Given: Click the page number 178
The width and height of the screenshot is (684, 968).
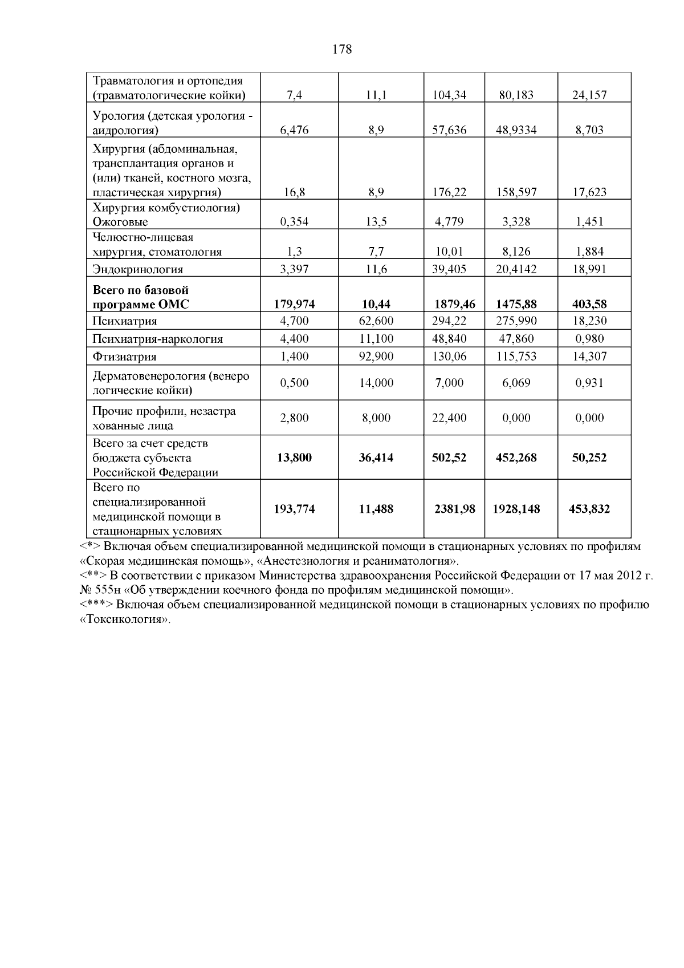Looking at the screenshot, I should tap(342, 50).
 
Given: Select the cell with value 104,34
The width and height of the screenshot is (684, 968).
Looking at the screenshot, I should tap(450, 95).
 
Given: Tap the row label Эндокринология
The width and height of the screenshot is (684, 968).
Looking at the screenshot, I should tap(138, 269).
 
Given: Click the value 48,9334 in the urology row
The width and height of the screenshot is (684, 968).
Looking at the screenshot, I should tap(516, 130).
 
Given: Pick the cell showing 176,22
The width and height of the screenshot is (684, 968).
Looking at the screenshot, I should tap(450, 192).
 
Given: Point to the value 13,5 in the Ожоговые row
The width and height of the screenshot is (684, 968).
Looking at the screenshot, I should tap(376, 222).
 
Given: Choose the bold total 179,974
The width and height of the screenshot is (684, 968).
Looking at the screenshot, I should tap(294, 305).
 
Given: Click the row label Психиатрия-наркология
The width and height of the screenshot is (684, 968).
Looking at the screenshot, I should tap(158, 339).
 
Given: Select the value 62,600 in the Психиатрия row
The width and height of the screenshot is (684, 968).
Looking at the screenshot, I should tap(376, 321).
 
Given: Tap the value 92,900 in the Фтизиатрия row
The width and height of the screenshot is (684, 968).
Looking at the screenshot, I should tap(376, 357).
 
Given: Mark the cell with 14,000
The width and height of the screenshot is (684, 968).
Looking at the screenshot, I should tap(376, 383).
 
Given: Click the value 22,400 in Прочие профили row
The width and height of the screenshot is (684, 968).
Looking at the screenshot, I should tap(450, 418).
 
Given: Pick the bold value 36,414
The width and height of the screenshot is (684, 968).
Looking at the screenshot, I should tap(376, 457).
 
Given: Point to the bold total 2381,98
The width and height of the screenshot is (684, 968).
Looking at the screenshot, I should tap(454, 509).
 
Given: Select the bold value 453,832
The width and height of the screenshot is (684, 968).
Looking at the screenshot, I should tap(589, 509).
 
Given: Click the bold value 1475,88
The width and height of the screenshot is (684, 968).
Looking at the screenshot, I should tap(516, 305).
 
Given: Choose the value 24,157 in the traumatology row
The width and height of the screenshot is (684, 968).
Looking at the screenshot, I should tap(589, 95).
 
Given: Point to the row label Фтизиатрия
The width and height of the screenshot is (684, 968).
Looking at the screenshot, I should tap(124, 357).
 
